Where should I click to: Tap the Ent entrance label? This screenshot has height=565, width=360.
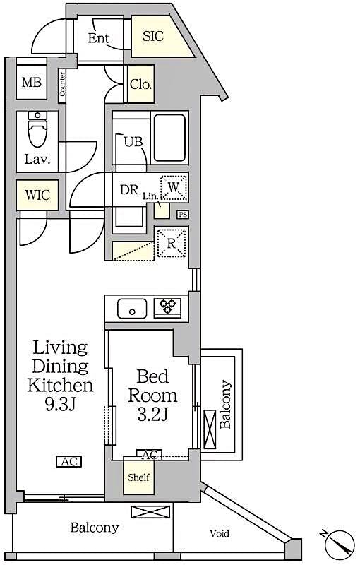click(x=98, y=38)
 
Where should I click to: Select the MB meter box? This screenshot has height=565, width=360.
click(x=31, y=83)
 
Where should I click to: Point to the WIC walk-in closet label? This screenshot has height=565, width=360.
click(x=37, y=195)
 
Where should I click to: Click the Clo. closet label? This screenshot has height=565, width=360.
click(x=140, y=85)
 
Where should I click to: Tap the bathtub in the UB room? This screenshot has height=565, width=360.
click(x=169, y=138)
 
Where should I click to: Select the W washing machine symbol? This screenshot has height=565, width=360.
click(x=174, y=188)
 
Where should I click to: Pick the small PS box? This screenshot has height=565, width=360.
click(x=183, y=215)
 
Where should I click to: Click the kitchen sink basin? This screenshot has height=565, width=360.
click(x=132, y=308)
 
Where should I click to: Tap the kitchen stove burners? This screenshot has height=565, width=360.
click(x=168, y=307)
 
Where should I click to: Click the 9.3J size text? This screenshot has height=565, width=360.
click(x=60, y=405)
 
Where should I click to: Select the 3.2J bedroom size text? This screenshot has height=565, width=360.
click(x=152, y=415)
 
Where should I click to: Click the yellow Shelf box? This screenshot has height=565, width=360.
click(x=138, y=476)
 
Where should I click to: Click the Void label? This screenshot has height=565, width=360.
click(x=219, y=534)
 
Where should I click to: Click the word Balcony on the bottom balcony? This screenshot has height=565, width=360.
click(x=94, y=528)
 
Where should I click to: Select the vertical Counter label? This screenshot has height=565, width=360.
click(x=62, y=84)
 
